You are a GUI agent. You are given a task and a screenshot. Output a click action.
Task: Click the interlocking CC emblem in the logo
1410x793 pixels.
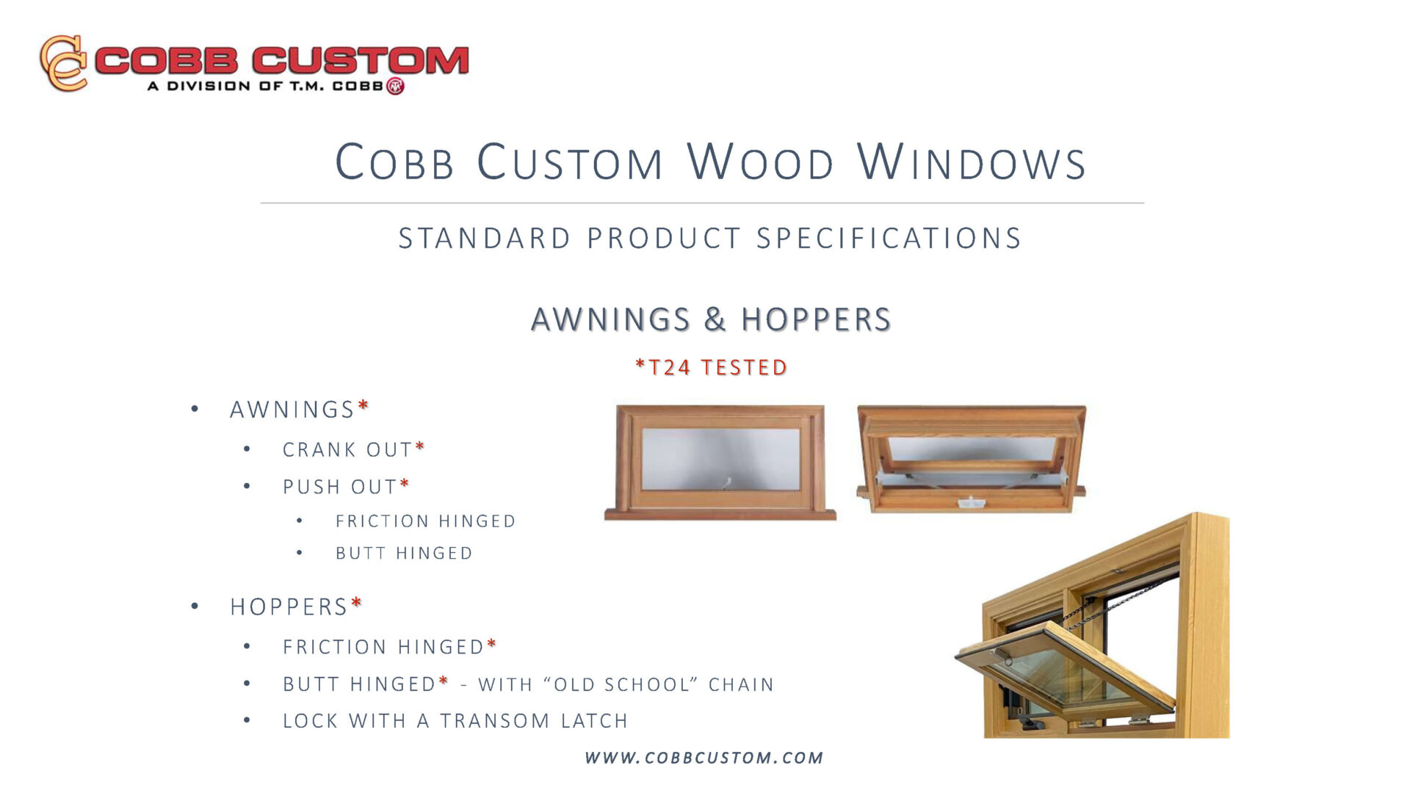click(x=64, y=62)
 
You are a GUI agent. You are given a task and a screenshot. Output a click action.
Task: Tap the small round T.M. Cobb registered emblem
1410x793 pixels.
click(x=395, y=86)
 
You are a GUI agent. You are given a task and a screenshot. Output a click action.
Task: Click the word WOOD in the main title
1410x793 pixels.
click(x=761, y=162)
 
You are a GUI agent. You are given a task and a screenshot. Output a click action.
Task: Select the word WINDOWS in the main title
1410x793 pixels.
click(x=972, y=162)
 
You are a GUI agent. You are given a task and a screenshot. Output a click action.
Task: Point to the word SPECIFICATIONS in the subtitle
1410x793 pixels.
click(x=889, y=239)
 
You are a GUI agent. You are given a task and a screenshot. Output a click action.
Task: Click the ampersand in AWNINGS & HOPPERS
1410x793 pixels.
click(x=715, y=319)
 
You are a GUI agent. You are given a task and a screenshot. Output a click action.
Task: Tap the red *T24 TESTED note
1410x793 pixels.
click(x=712, y=366)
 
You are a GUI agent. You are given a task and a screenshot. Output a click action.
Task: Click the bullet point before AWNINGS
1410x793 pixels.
click(x=195, y=409)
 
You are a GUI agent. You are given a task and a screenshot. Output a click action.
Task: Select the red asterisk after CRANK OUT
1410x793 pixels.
click(x=420, y=446)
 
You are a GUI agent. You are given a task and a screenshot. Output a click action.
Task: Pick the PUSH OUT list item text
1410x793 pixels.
click(x=340, y=487)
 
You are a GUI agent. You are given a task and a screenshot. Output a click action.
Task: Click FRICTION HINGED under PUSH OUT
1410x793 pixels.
click(x=425, y=521)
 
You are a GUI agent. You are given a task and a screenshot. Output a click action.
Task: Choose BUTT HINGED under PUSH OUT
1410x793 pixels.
click(x=404, y=554)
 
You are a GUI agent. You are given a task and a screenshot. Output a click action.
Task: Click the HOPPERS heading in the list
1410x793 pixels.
click(x=289, y=607)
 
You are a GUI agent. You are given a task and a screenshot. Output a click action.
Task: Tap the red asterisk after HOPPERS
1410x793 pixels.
click(x=356, y=604)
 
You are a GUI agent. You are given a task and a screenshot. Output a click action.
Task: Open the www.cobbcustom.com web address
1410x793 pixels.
click(x=704, y=758)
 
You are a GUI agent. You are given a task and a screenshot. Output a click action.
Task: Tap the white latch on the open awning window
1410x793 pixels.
click(x=971, y=502)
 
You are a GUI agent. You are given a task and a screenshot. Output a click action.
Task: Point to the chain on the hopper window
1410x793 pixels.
click(x=1116, y=602)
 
